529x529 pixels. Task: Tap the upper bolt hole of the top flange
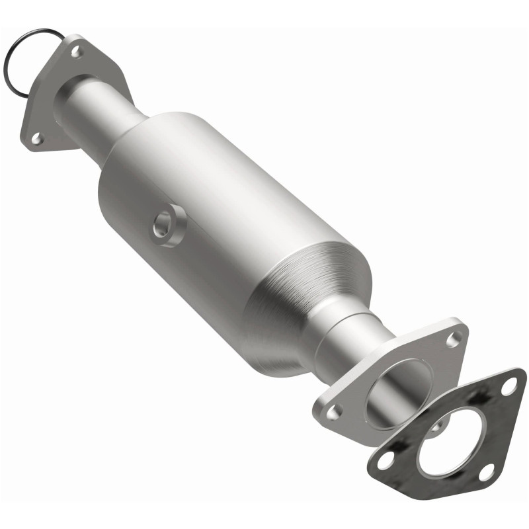coord(76,51)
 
